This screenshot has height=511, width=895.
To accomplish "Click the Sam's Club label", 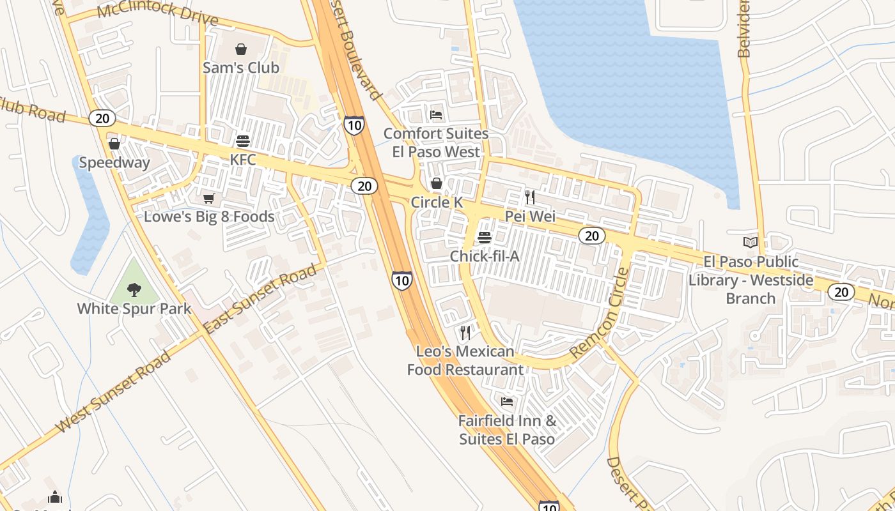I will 241,67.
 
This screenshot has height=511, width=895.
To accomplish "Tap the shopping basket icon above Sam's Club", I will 241,49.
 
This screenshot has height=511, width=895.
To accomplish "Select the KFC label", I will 243,160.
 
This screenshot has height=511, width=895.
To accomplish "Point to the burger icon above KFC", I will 243,141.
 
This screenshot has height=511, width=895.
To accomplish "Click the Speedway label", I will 114,162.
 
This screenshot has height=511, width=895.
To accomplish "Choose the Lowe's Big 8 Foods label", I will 209,217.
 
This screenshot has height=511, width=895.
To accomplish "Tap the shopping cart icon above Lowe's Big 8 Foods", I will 209,199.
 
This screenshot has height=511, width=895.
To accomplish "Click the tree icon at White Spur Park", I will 134,290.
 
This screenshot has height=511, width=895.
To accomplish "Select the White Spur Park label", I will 134,309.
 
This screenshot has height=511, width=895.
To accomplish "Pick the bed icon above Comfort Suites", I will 436,115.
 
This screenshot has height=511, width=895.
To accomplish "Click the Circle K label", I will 437,202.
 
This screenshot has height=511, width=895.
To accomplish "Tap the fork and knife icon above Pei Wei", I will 529,197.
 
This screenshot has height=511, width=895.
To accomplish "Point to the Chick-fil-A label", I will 485,256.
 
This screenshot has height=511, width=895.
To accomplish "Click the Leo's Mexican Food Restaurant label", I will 465,360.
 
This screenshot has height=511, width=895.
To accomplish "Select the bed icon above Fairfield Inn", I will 507,402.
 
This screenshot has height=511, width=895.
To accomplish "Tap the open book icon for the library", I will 751,243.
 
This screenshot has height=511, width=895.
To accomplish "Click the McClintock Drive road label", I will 158,12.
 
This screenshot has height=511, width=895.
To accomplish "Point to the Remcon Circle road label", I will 599,313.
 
